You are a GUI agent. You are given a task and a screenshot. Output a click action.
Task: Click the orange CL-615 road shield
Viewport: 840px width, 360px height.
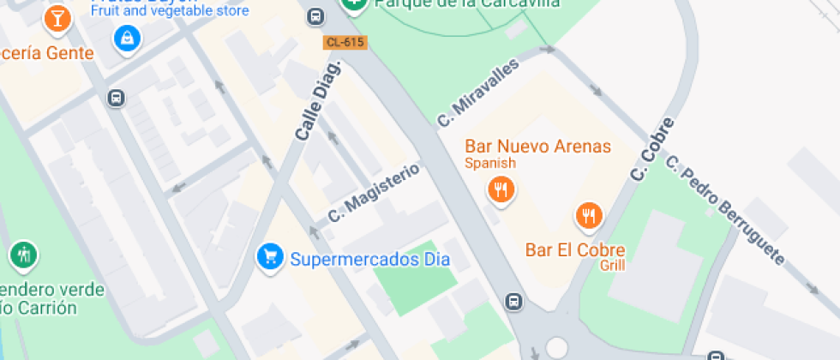pos(345,42)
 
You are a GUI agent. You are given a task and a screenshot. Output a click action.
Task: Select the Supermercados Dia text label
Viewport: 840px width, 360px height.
pos(370,258)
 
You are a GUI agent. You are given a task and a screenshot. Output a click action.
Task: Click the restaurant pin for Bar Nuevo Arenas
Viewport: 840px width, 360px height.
pos(500,189)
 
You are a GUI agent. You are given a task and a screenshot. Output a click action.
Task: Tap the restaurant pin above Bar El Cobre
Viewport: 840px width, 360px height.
pos(588,216)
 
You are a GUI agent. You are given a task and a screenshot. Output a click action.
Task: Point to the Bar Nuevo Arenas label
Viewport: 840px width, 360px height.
pos(537,147)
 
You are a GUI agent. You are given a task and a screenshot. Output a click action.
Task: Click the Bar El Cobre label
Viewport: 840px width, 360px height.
pos(575,250)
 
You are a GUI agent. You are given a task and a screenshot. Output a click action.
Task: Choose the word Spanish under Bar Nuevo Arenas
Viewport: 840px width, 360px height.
pos(490,163)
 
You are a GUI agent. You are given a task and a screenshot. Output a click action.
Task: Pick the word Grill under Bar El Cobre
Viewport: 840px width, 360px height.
pos(612,266)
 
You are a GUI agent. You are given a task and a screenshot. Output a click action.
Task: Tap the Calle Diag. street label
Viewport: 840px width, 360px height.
pos(317,101)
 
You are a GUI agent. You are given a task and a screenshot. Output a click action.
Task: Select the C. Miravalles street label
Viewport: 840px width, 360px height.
pos(478,93)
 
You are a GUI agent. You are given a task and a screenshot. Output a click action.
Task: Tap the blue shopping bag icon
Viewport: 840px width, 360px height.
pos(127,38)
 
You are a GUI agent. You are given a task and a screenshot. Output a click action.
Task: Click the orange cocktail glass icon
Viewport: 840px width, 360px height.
pos(57,17)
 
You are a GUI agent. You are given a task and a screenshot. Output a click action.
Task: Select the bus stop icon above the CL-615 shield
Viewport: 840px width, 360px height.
pos(315,16)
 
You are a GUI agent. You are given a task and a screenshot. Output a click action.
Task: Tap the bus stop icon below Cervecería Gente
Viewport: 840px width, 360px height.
pos(116,98)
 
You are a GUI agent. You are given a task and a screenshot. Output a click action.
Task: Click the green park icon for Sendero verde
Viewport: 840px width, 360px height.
pos(23,255)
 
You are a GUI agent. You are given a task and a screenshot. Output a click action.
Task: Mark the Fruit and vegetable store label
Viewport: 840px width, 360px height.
pos(170,11)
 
